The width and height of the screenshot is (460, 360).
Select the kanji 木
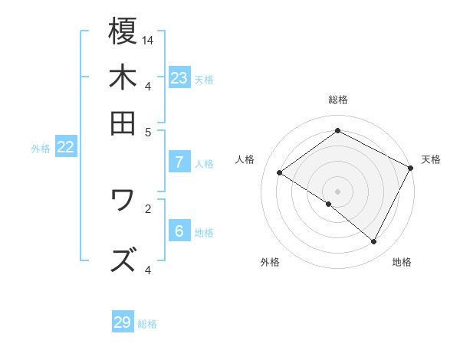pos(123,77)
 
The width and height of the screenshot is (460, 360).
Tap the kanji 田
pos(123,123)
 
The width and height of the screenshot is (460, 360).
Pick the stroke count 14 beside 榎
pos(148,39)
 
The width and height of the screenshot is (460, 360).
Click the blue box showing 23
pos(179,78)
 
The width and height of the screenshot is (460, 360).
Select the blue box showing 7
pos(179,162)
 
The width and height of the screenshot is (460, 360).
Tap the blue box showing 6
pos(179,232)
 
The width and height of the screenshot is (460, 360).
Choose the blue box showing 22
pos(65,148)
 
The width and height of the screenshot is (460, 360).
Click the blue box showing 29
pos(123,322)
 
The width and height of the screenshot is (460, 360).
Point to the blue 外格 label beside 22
pos(41,149)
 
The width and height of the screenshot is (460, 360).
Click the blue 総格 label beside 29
pos(148,324)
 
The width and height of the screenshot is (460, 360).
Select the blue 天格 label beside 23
pos(204,79)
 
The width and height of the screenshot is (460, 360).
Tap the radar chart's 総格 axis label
pos(338,100)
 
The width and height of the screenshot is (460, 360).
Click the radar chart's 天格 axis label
pos(431,159)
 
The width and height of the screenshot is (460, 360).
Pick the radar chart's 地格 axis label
pos(402,262)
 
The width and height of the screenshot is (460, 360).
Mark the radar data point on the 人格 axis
pos(280,173)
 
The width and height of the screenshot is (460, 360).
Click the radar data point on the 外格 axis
pos(329,204)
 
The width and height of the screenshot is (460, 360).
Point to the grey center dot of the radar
pos(338,191)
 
